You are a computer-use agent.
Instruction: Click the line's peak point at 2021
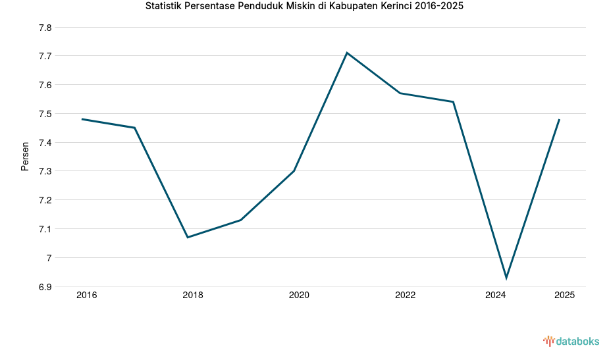tap(347, 53)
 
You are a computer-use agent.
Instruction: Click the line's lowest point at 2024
tap(506, 278)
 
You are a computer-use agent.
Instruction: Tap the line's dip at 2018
tap(188, 237)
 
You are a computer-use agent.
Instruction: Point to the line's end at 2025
tap(559, 119)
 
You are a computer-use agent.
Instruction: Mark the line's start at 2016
tap(82, 119)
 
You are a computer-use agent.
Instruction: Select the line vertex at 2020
tap(294, 170)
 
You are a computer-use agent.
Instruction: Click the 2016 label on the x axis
tap(86, 296)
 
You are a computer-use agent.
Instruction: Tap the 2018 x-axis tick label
tap(193, 296)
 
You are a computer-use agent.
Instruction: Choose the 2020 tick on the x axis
tap(299, 296)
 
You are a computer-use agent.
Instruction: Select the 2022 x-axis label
tap(405, 296)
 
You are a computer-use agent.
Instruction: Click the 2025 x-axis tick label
tap(564, 296)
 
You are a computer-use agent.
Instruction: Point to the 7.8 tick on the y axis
tap(45, 28)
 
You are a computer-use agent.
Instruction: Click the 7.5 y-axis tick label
tap(45, 114)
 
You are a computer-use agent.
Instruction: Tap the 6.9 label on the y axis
tap(45, 287)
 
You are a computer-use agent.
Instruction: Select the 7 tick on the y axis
tap(49, 258)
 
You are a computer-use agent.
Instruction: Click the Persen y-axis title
tap(25, 156)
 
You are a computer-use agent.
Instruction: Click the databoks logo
tap(571, 341)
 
